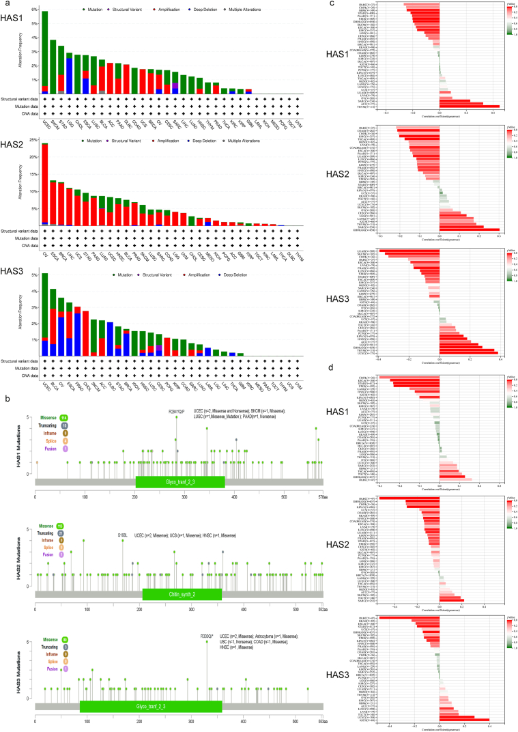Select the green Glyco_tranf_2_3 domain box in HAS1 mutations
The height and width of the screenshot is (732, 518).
(180, 481)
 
